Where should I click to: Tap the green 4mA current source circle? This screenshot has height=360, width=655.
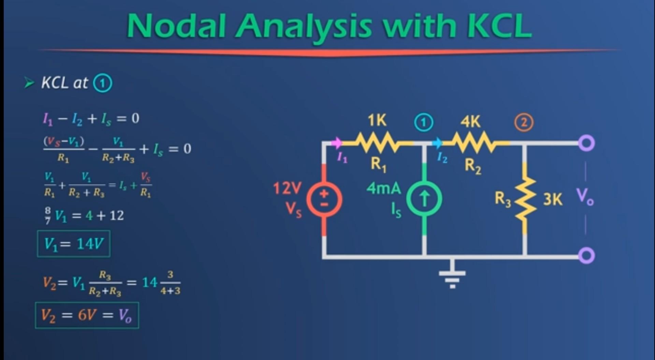click(x=424, y=199)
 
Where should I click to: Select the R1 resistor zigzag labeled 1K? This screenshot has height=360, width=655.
click(x=376, y=143)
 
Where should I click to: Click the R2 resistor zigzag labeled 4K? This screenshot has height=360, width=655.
click(x=472, y=143)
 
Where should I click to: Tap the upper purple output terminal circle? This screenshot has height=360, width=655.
click(x=586, y=143)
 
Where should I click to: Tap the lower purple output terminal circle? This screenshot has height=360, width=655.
click(x=586, y=255)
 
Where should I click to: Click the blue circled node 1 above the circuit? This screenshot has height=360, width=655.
click(x=424, y=123)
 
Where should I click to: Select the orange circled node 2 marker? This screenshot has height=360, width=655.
click(x=524, y=123)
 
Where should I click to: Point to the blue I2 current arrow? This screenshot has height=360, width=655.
click(x=437, y=143)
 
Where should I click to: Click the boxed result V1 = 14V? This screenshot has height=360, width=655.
click(x=74, y=244)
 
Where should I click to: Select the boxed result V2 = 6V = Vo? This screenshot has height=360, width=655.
click(x=87, y=315)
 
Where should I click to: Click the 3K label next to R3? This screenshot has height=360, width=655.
click(x=552, y=199)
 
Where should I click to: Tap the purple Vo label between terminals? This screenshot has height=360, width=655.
click(x=585, y=197)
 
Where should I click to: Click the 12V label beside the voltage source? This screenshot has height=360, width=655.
click(x=287, y=188)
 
